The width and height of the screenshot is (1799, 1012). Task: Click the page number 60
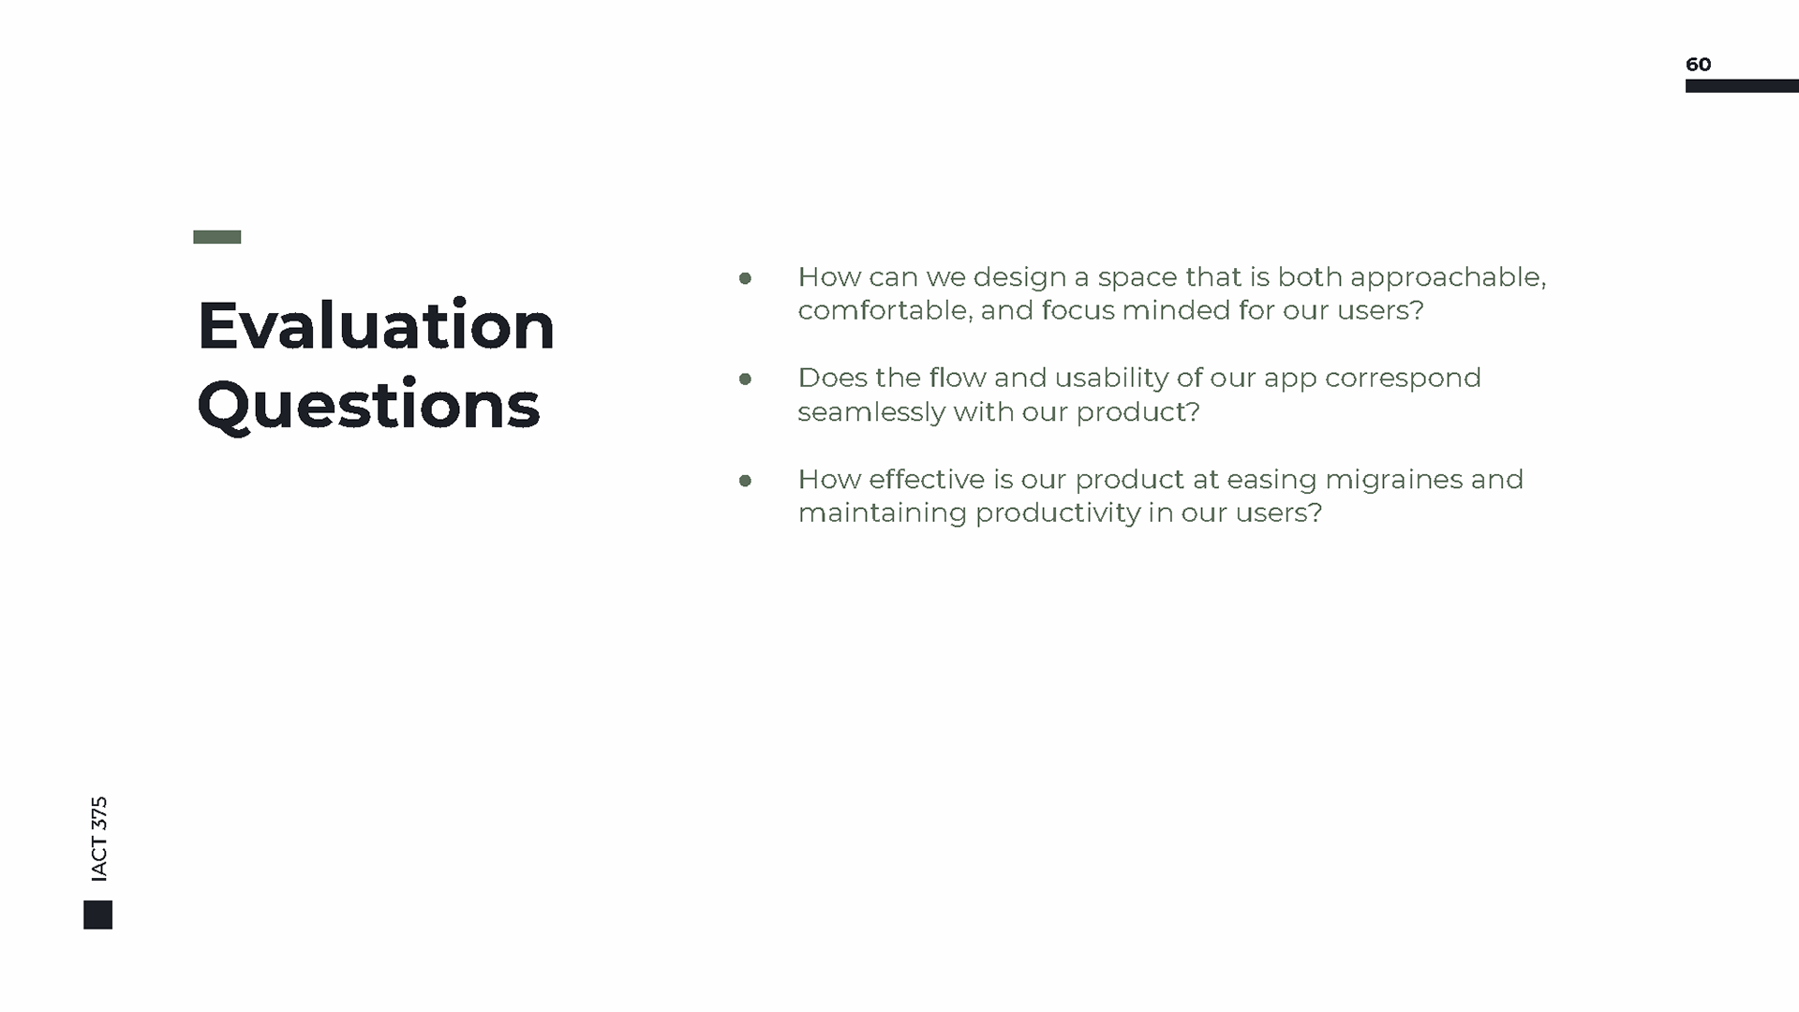(1698, 64)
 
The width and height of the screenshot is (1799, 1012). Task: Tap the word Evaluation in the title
(376, 325)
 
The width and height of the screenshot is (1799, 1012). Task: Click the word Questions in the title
(368, 405)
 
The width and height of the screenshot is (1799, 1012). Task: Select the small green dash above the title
(217, 237)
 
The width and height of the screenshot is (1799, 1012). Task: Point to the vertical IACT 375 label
(99, 839)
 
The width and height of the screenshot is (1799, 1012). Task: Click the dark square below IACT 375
(97, 915)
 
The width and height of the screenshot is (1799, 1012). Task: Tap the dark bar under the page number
(1742, 86)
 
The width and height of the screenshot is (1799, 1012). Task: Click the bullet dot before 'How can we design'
(745, 277)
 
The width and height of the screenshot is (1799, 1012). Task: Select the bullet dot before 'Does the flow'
(745, 379)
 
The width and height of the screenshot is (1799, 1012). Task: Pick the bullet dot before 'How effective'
(745, 481)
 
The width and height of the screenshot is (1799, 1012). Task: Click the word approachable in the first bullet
(1448, 278)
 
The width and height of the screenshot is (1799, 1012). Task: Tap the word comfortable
(885, 310)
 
